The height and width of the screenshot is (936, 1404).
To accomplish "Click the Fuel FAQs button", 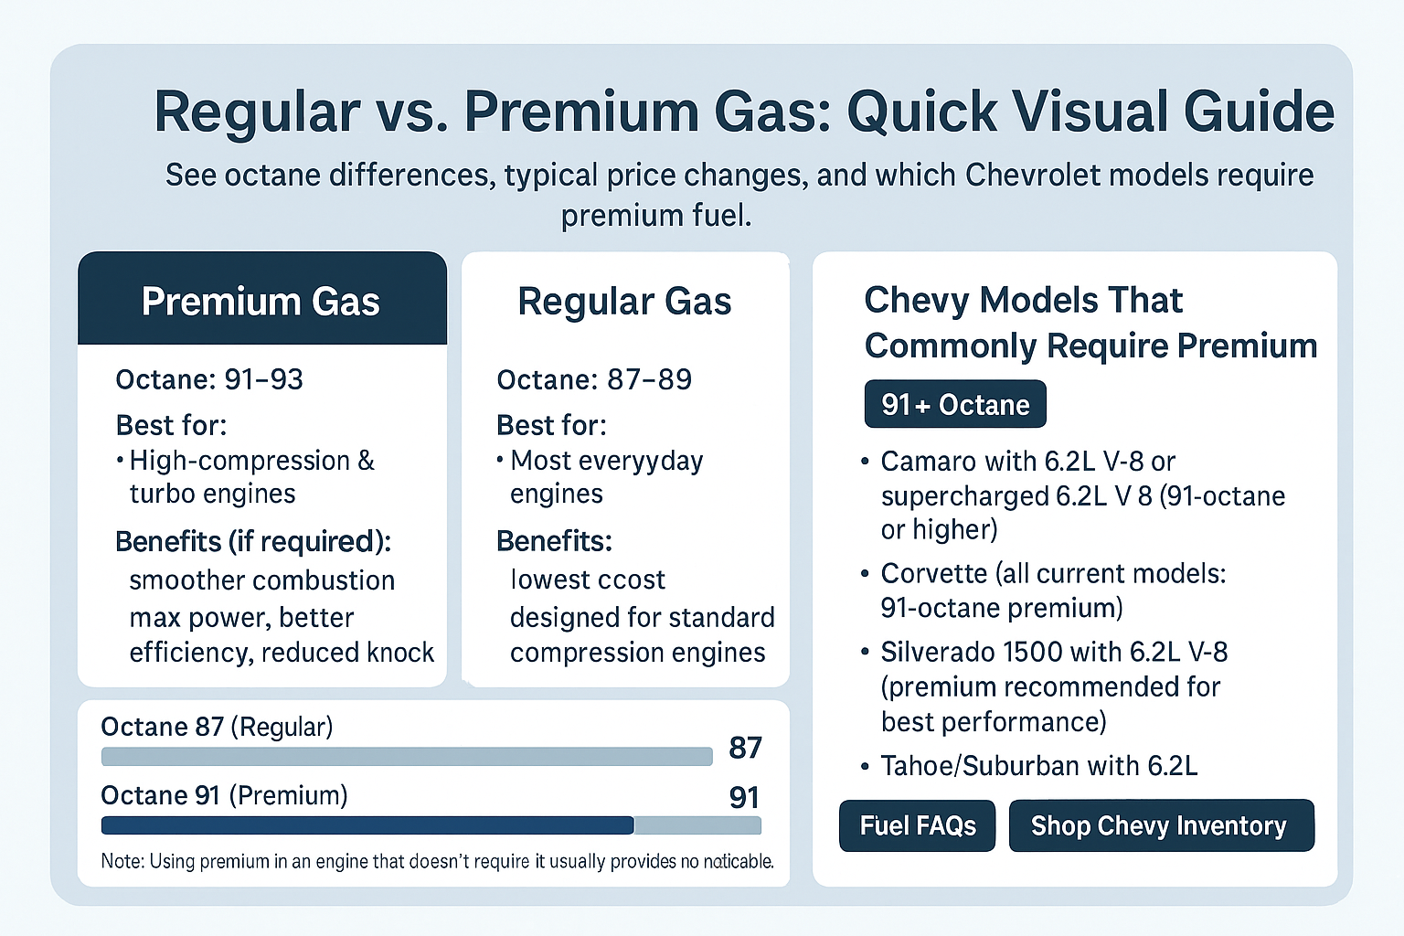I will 917,825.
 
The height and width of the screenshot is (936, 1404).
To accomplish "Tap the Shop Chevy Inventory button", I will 1161,825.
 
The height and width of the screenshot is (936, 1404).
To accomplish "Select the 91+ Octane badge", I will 955,404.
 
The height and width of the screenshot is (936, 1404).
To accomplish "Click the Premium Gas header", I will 261,301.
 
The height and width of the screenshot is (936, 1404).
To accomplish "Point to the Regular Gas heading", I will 624,301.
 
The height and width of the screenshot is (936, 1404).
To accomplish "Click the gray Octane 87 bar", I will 406,756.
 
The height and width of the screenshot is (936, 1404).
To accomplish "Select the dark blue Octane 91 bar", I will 367,825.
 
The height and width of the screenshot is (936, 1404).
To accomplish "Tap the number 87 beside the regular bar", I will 745,748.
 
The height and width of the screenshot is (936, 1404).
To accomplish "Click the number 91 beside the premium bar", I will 744,798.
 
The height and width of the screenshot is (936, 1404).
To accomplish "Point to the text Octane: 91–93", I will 209,379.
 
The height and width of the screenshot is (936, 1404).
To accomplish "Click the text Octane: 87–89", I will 594,379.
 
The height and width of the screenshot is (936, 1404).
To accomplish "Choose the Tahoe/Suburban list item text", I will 1038,765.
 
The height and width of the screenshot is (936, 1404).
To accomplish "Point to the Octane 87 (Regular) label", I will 217,727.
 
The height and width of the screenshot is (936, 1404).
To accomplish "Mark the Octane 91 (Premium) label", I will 224,795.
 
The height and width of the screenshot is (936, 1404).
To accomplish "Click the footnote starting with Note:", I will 437,861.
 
